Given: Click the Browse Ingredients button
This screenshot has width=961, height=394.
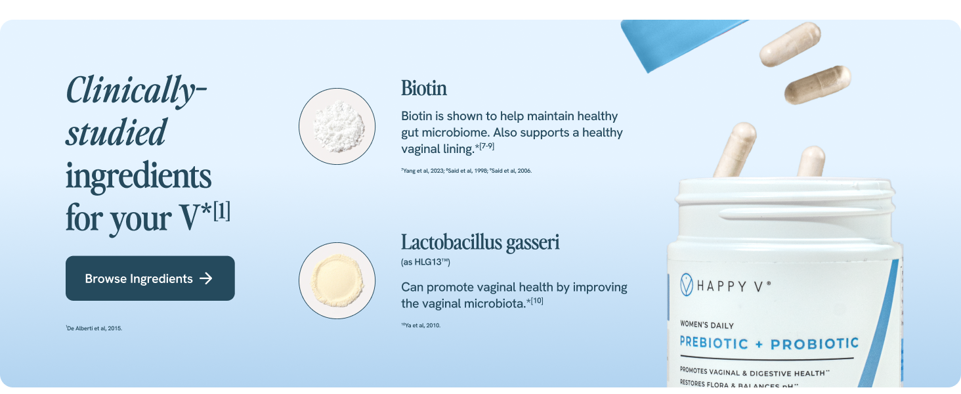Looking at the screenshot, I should click(150, 278).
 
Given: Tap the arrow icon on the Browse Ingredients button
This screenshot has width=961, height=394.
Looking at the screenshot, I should click(206, 278).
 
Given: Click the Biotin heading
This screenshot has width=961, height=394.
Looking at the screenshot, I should click(424, 88).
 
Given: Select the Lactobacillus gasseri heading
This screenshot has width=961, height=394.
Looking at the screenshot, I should click(480, 242).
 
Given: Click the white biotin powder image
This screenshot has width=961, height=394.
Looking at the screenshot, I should click(337, 126).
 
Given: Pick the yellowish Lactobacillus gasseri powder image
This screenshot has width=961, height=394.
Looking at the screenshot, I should click(337, 280).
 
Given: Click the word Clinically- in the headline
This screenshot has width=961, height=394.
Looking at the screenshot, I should click(137, 90).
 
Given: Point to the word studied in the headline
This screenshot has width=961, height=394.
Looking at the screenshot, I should click(116, 133).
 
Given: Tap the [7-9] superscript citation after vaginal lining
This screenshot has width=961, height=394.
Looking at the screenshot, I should click(486, 146).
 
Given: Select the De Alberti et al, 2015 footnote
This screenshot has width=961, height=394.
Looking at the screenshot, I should click(94, 328).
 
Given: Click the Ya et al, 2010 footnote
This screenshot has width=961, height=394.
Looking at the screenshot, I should click(421, 325).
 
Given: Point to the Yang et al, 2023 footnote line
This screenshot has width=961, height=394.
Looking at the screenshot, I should click(466, 171).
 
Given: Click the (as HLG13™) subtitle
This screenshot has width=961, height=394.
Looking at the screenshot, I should click(425, 263).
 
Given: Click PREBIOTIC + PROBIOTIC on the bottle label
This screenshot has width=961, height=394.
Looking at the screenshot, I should click(769, 343).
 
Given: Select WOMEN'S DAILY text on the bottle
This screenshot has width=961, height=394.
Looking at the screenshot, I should click(707, 325).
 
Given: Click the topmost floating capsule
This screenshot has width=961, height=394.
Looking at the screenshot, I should click(790, 44).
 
